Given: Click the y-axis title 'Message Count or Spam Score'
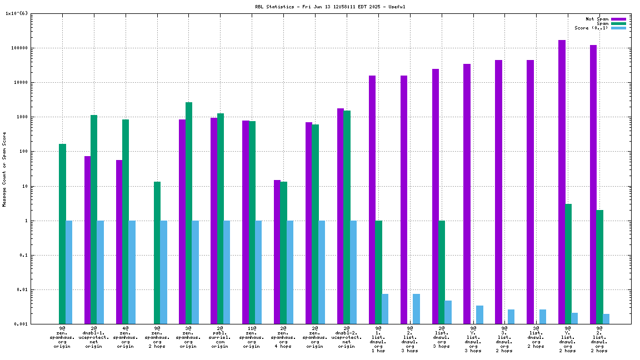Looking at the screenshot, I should (x=4, y=169).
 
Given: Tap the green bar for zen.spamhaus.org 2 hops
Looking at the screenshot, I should (x=157, y=253).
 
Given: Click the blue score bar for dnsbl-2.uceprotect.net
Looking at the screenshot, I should (x=353, y=272).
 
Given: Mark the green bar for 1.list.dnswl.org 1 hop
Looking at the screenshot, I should (x=378, y=272).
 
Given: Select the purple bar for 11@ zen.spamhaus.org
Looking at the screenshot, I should (x=246, y=222).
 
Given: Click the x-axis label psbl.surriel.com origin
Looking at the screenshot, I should (x=220, y=337).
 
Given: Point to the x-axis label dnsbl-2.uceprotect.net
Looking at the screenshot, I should (x=347, y=337).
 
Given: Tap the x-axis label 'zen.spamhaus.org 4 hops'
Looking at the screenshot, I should (x=283, y=337).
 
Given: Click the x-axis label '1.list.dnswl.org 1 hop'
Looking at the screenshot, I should (x=378, y=339).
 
